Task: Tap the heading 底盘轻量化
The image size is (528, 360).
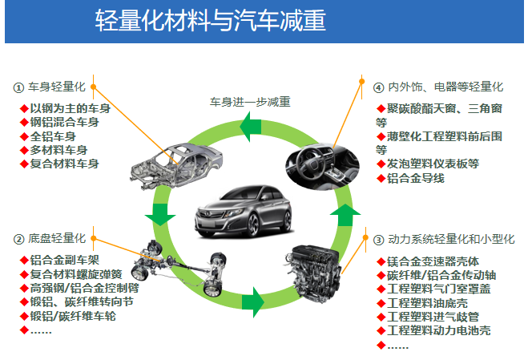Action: pos(56,239)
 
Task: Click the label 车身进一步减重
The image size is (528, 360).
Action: pos(248,102)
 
